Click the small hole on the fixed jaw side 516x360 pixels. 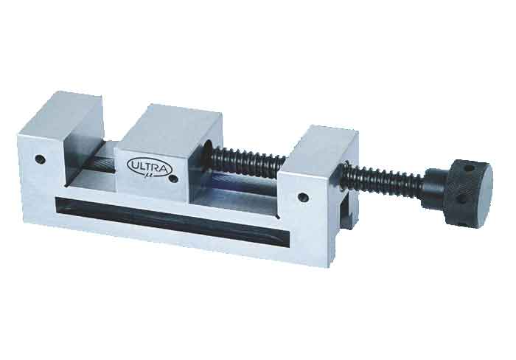[41, 159]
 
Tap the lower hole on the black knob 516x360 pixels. [462, 198]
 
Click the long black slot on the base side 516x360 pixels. [172, 218]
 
